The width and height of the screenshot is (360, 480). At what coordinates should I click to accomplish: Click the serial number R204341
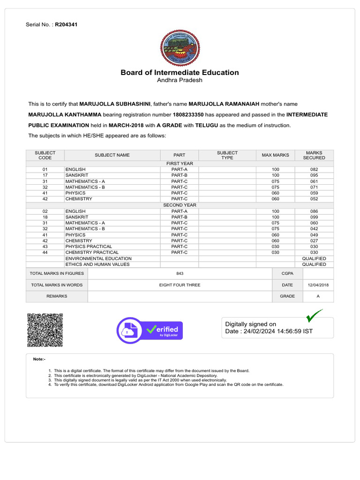[66, 24]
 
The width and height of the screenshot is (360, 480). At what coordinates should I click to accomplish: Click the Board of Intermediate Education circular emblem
[180, 48]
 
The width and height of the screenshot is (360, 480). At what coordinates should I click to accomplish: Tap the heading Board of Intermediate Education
[180, 73]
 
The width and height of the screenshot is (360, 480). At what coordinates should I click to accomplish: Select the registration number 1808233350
[189, 115]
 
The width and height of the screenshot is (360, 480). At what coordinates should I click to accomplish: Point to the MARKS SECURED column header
[314, 155]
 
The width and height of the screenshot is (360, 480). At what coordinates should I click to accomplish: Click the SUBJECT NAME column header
[112, 155]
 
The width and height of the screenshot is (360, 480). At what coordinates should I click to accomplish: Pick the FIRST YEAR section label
[180, 164]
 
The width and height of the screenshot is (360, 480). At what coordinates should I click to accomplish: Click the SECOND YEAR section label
[180, 205]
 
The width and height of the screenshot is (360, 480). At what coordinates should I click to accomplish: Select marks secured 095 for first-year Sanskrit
[314, 175]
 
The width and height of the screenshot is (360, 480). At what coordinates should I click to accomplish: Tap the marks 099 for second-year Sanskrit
[314, 217]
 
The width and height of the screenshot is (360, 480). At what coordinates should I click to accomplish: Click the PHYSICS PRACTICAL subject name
[89, 247]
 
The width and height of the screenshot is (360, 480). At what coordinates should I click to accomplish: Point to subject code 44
[45, 253]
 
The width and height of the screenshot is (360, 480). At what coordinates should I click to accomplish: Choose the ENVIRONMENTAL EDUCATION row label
[98, 259]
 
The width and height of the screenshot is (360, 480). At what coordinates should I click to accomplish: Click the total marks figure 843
[180, 273]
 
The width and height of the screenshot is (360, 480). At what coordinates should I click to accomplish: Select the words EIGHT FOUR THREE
[180, 285]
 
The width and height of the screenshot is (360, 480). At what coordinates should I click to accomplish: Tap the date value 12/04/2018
[318, 285]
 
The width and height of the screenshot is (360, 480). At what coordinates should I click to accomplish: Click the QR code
[45, 330]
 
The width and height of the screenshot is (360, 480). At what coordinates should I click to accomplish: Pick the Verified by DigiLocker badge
[150, 330]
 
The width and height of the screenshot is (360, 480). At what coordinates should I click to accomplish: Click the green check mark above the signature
[314, 316]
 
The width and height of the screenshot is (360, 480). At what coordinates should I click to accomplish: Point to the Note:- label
[39, 359]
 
